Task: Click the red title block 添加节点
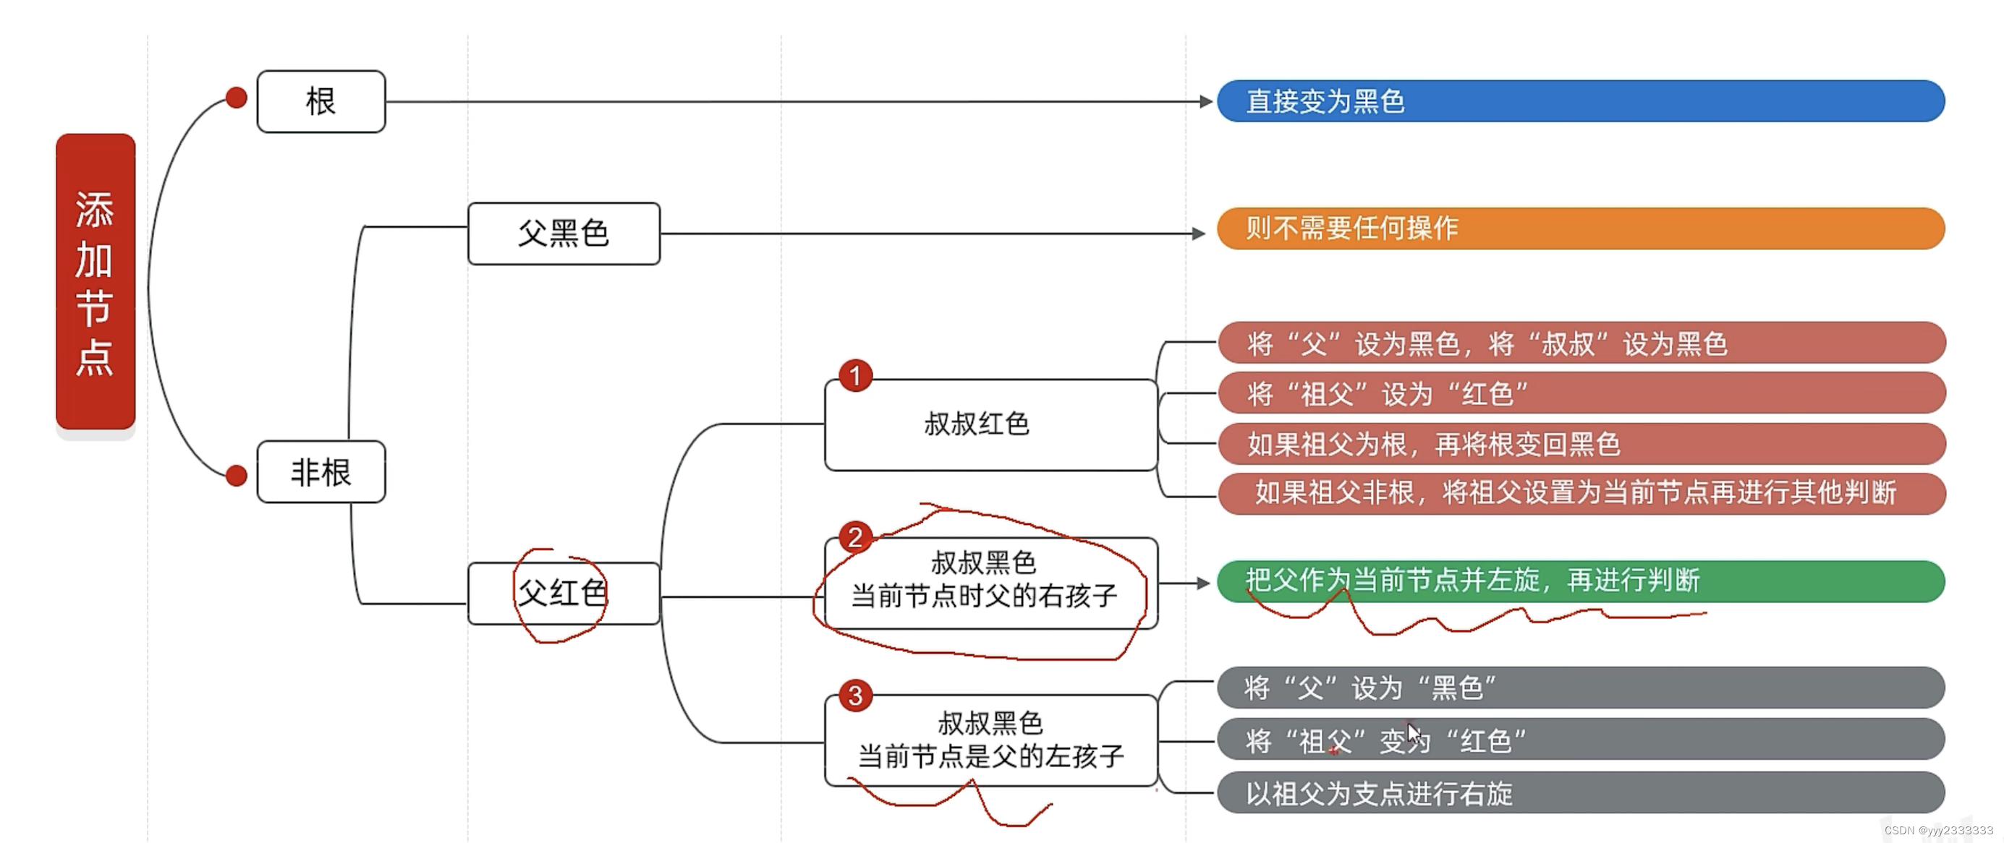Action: pyautogui.click(x=95, y=281)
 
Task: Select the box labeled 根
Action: pyautogui.click(x=320, y=102)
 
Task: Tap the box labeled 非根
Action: pyautogui.click(x=320, y=472)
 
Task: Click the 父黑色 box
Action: pyautogui.click(x=564, y=234)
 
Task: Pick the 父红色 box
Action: pyautogui.click(x=564, y=594)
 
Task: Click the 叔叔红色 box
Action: pyautogui.click(x=990, y=424)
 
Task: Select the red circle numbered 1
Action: pyautogui.click(x=855, y=377)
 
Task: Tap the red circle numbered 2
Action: pyautogui.click(x=855, y=536)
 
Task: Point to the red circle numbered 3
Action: pyautogui.click(x=855, y=696)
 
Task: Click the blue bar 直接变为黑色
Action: pyautogui.click(x=1579, y=101)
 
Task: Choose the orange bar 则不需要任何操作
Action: pyautogui.click(x=1579, y=228)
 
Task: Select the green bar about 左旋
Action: pyautogui.click(x=1579, y=581)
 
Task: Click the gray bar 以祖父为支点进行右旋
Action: pyautogui.click(x=1579, y=793)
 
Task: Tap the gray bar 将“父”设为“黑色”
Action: pyautogui.click(x=1579, y=688)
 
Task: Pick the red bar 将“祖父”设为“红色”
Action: pyautogui.click(x=1579, y=393)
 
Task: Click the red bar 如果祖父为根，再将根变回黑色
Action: pyautogui.click(x=1579, y=444)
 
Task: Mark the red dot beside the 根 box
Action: pyautogui.click(x=237, y=98)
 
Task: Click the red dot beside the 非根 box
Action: pyautogui.click(x=237, y=475)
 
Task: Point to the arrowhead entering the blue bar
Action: pyautogui.click(x=1206, y=102)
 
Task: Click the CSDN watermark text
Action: pyautogui.click(x=1938, y=831)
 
